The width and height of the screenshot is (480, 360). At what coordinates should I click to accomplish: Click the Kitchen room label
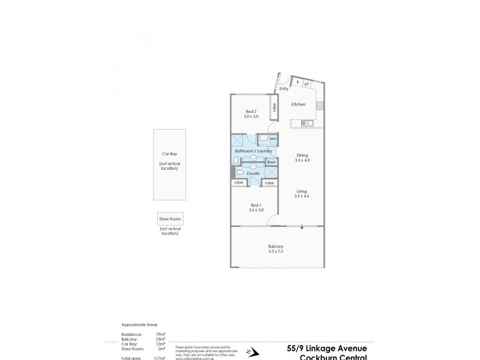point(298,104)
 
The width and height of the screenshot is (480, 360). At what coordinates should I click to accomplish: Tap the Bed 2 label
point(251,112)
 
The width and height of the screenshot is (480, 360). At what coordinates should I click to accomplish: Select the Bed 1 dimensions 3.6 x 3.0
point(256,210)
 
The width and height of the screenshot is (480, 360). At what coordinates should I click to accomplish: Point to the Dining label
point(302,155)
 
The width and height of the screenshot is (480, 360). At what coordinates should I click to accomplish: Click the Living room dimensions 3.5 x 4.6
point(301,196)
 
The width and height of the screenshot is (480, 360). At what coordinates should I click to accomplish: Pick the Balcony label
point(276,247)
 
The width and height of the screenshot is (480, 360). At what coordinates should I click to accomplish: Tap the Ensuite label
point(253,173)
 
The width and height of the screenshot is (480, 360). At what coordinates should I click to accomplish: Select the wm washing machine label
point(272,139)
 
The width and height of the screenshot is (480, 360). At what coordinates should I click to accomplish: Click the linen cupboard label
point(271,162)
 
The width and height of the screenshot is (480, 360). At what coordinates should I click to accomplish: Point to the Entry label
point(284,88)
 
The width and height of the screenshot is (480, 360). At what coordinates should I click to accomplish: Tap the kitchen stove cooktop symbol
point(320,105)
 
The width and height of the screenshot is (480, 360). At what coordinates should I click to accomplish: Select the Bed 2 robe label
point(274,107)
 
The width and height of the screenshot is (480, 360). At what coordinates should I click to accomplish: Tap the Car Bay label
point(169,154)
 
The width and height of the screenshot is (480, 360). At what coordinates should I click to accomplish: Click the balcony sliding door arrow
point(302,227)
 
